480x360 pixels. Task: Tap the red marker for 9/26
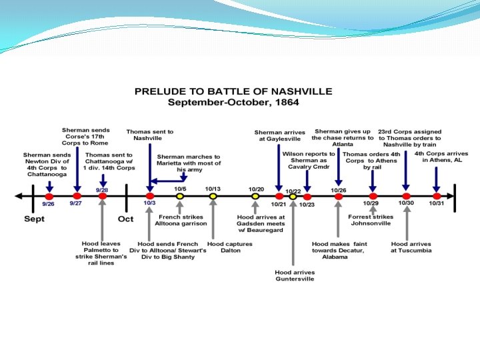(x=49, y=196)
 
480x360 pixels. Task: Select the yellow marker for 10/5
(x=179, y=196)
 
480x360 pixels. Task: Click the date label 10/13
(x=213, y=189)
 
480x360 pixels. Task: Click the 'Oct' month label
(x=125, y=219)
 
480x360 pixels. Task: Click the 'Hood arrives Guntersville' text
(x=294, y=275)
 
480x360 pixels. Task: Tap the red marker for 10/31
(x=437, y=196)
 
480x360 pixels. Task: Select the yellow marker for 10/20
(x=255, y=196)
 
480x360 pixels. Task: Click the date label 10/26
(x=339, y=189)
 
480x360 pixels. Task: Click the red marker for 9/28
(x=102, y=196)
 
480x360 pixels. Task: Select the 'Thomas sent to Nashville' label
(x=150, y=135)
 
